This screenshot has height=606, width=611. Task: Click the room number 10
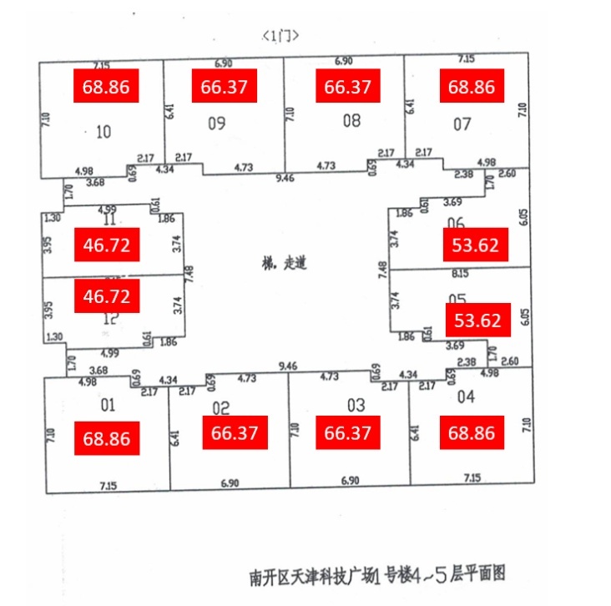click(104, 131)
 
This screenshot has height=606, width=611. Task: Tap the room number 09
click(217, 124)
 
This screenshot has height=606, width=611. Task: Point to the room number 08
click(351, 121)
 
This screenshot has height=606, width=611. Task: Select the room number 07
click(462, 124)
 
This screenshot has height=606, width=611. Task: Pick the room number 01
click(107, 406)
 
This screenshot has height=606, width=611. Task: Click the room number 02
click(220, 408)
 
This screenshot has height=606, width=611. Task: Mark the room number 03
click(356, 406)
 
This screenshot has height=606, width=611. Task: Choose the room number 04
click(466, 397)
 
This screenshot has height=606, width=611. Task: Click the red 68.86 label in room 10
click(106, 87)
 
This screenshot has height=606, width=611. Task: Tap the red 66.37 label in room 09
click(224, 87)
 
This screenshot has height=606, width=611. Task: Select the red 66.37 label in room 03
click(347, 434)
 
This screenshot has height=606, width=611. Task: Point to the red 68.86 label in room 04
click(472, 434)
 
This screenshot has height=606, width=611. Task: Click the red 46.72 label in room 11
click(106, 245)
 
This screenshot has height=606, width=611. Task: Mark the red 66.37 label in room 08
click(347, 87)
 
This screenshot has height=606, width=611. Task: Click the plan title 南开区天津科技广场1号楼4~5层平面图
click(377, 576)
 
